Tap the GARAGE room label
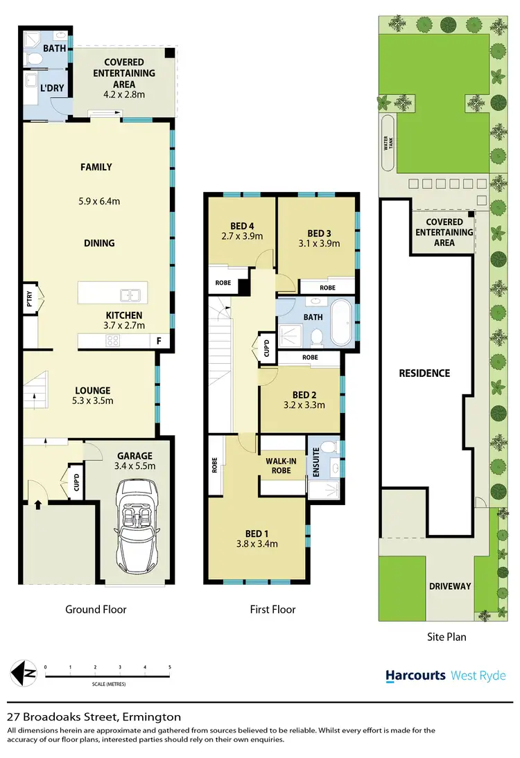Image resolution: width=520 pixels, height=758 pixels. click(x=135, y=455)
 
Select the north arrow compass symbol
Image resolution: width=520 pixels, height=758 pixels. click(x=25, y=671)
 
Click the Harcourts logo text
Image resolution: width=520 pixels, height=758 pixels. click(x=415, y=676)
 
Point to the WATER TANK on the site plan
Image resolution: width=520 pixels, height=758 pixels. click(x=388, y=143)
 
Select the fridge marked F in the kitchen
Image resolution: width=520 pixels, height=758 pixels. click(x=159, y=341)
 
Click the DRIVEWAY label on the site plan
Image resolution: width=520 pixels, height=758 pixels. click(x=450, y=586)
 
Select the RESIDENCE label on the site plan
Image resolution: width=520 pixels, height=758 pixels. click(x=424, y=373)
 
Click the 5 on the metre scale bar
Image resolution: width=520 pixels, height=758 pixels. click(x=170, y=667)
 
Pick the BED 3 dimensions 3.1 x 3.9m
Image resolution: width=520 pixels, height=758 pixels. click(x=318, y=243)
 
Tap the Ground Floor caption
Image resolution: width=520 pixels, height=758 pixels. click(x=96, y=610)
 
